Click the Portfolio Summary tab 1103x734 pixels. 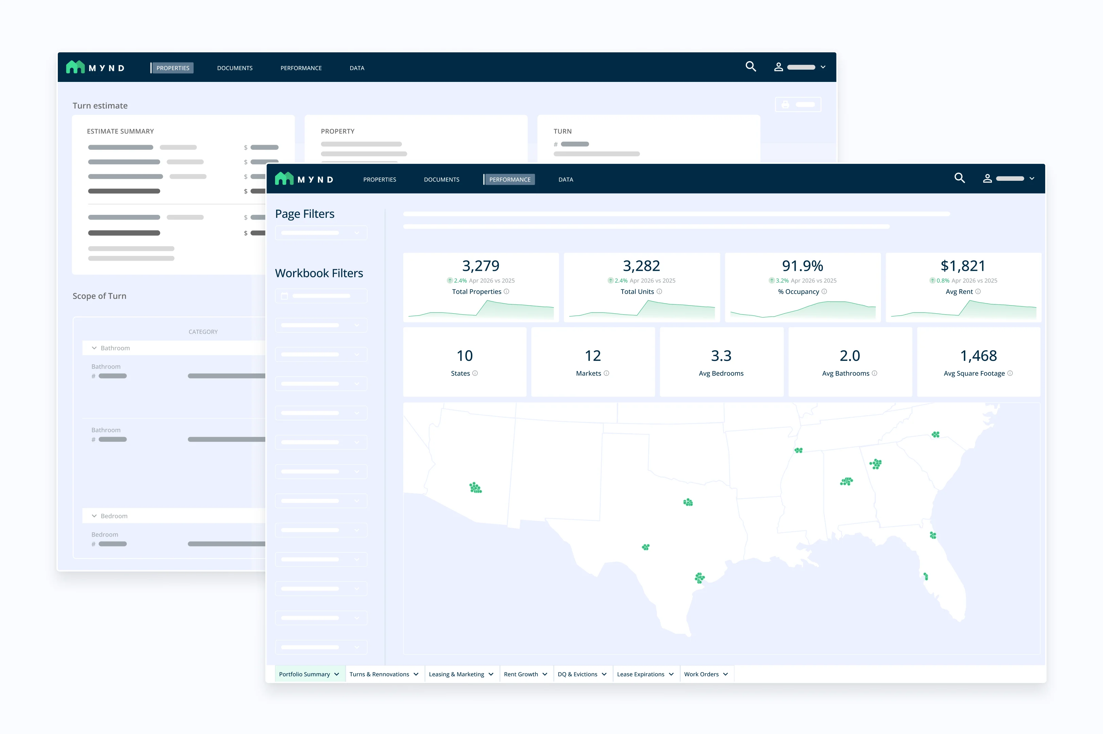(309, 674)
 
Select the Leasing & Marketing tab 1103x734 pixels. (461, 674)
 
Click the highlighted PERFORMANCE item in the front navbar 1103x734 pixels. (510, 179)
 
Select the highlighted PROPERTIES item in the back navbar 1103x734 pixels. (173, 68)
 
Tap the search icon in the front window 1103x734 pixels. (960, 178)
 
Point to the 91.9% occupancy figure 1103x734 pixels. (803, 266)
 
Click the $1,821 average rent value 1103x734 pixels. (963, 266)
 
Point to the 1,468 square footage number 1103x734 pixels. (979, 356)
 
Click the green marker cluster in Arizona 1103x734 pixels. (475, 488)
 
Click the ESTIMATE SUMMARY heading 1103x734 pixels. (120, 131)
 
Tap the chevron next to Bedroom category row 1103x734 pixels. (94, 516)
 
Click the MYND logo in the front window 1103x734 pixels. (304, 179)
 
